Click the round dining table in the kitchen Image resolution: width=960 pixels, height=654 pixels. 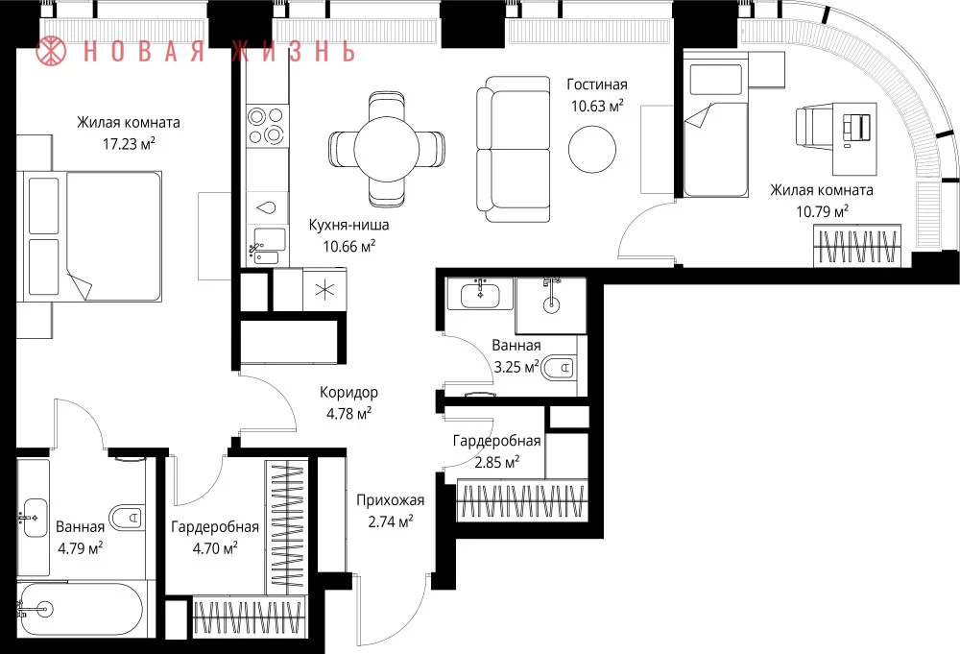pyautogui.click(x=386, y=149)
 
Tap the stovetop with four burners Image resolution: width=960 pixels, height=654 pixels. pyautogui.click(x=268, y=126)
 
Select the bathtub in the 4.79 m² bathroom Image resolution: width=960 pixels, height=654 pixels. pyautogui.click(x=81, y=610)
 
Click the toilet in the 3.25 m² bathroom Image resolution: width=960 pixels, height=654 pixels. pyautogui.click(x=560, y=368)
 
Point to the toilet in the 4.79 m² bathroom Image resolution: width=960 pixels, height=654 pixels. pyautogui.click(x=128, y=518)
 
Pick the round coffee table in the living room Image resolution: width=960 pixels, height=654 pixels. pyautogui.click(x=592, y=149)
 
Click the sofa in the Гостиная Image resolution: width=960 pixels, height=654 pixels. pyautogui.click(x=513, y=149)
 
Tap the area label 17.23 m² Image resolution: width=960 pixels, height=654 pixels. pyautogui.click(x=129, y=144)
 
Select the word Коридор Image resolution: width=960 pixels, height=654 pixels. pyautogui.click(x=349, y=392)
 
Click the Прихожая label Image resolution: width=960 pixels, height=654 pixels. pyautogui.click(x=390, y=500)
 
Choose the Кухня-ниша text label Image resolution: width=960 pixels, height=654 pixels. pyautogui.click(x=349, y=225)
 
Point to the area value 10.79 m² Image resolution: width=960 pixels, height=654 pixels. pyautogui.click(x=822, y=212)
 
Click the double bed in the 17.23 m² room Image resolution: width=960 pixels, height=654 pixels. pyautogui.click(x=92, y=236)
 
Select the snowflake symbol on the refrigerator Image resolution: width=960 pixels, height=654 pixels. pyautogui.click(x=324, y=289)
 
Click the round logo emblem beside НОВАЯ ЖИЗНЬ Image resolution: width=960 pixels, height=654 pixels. pyautogui.click(x=51, y=50)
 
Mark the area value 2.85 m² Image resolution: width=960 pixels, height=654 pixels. pyautogui.click(x=496, y=462)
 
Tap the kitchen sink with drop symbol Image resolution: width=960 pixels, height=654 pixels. pyautogui.click(x=267, y=207)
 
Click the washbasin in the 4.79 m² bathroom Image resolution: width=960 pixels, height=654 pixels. pyautogui.click(x=34, y=518)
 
